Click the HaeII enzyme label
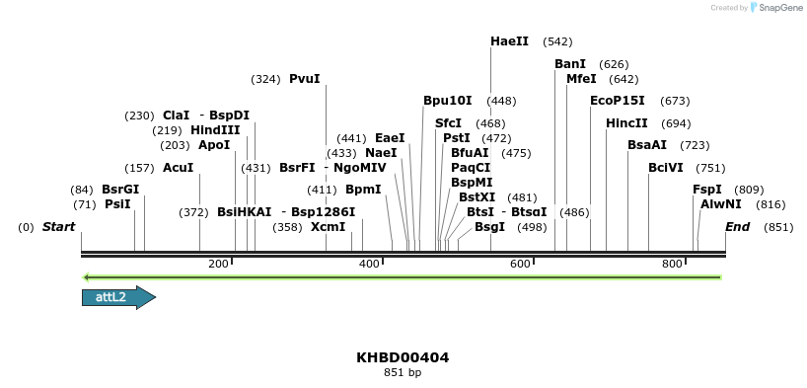[x=509, y=41]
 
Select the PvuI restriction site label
[x=304, y=79]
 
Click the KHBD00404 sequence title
[x=403, y=357]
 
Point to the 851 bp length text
[x=403, y=373]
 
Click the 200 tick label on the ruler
[x=219, y=264]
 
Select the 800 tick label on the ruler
[x=672, y=264]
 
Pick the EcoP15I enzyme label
[x=617, y=101]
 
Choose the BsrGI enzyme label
[x=120, y=190]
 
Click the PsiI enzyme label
[x=117, y=204]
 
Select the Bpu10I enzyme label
[x=447, y=101]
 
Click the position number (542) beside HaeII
[x=557, y=41]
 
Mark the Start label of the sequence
[x=58, y=227]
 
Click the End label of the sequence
[x=737, y=227]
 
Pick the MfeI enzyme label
[x=581, y=79]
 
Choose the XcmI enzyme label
[x=329, y=227]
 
